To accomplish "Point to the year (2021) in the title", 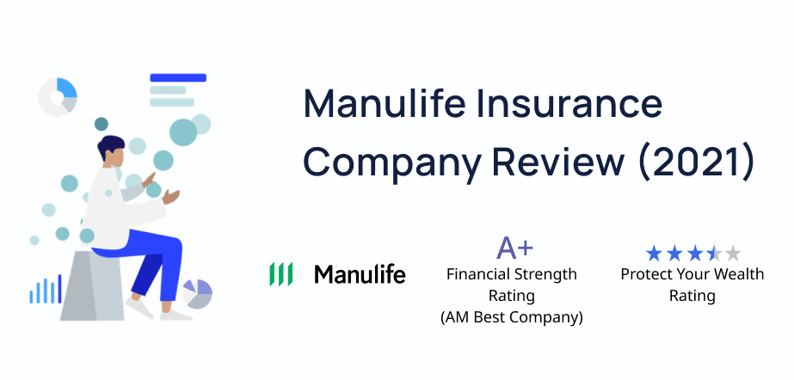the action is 696,162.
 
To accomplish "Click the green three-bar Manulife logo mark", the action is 280,274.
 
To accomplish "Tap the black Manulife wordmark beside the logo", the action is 360,273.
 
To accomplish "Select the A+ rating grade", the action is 514,247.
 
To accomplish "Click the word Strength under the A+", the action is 545,275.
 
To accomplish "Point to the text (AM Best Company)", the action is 512,317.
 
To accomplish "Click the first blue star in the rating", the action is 655,253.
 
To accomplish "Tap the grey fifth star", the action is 732,253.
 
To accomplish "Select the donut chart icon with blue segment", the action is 58,97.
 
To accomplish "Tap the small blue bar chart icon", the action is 46,290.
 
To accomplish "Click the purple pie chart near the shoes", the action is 198,293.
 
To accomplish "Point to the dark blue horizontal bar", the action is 178,77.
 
